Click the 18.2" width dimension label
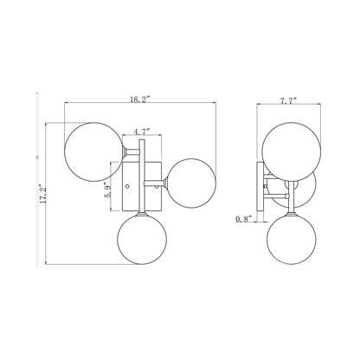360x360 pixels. (140, 100)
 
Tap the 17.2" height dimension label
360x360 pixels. (42, 194)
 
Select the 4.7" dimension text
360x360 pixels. (141, 132)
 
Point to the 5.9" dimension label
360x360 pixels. (108, 190)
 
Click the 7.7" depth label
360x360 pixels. (288, 100)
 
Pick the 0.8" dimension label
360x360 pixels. (244, 219)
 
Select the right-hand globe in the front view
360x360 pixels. (191, 183)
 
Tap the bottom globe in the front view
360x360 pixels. (142, 240)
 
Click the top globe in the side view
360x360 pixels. (292, 151)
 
